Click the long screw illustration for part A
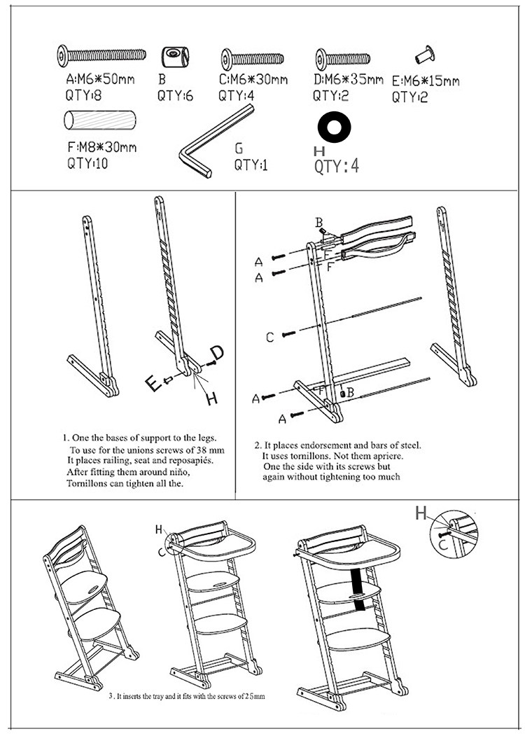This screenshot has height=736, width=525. click(x=101, y=53)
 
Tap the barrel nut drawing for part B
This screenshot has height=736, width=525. click(x=172, y=55)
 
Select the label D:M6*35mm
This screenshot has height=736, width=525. click(x=348, y=79)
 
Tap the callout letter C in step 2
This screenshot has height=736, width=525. click(x=269, y=338)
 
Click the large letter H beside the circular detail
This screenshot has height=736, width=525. click(x=421, y=514)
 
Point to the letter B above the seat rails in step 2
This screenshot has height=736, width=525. click(x=319, y=223)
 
